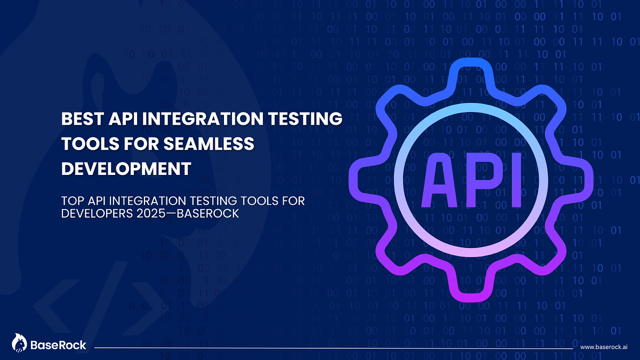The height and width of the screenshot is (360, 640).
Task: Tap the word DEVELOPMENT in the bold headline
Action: coord(126,169)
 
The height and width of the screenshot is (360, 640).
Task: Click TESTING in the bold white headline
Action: coord(301,118)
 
